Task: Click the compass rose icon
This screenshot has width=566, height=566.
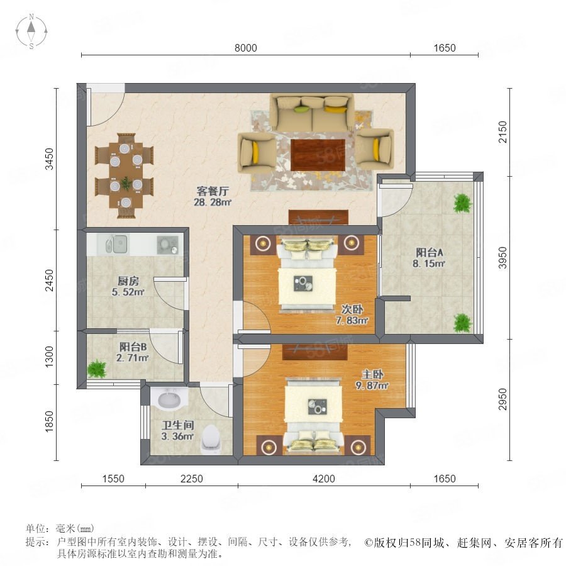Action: click(x=31, y=31)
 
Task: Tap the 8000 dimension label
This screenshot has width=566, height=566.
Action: click(x=245, y=48)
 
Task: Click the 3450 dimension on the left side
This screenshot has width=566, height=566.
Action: click(x=49, y=159)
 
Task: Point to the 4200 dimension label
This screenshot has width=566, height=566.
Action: click(x=324, y=479)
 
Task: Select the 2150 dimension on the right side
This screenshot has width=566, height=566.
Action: click(x=502, y=132)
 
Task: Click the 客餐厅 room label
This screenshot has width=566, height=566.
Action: click(x=213, y=191)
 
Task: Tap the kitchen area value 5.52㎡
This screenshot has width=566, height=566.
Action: click(x=128, y=292)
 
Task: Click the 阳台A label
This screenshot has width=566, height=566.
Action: click(x=429, y=252)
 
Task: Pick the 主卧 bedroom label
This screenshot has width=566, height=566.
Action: click(x=372, y=374)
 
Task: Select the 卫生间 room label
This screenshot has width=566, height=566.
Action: click(x=177, y=425)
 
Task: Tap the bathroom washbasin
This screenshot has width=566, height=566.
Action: click(x=169, y=399)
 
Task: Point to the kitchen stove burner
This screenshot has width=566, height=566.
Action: click(x=167, y=245)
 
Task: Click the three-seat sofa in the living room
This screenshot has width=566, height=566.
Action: click(x=312, y=113)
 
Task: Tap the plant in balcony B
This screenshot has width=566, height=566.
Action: click(x=97, y=369)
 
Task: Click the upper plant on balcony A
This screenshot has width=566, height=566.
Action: click(x=462, y=203)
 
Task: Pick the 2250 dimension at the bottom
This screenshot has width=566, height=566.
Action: click(x=192, y=479)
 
